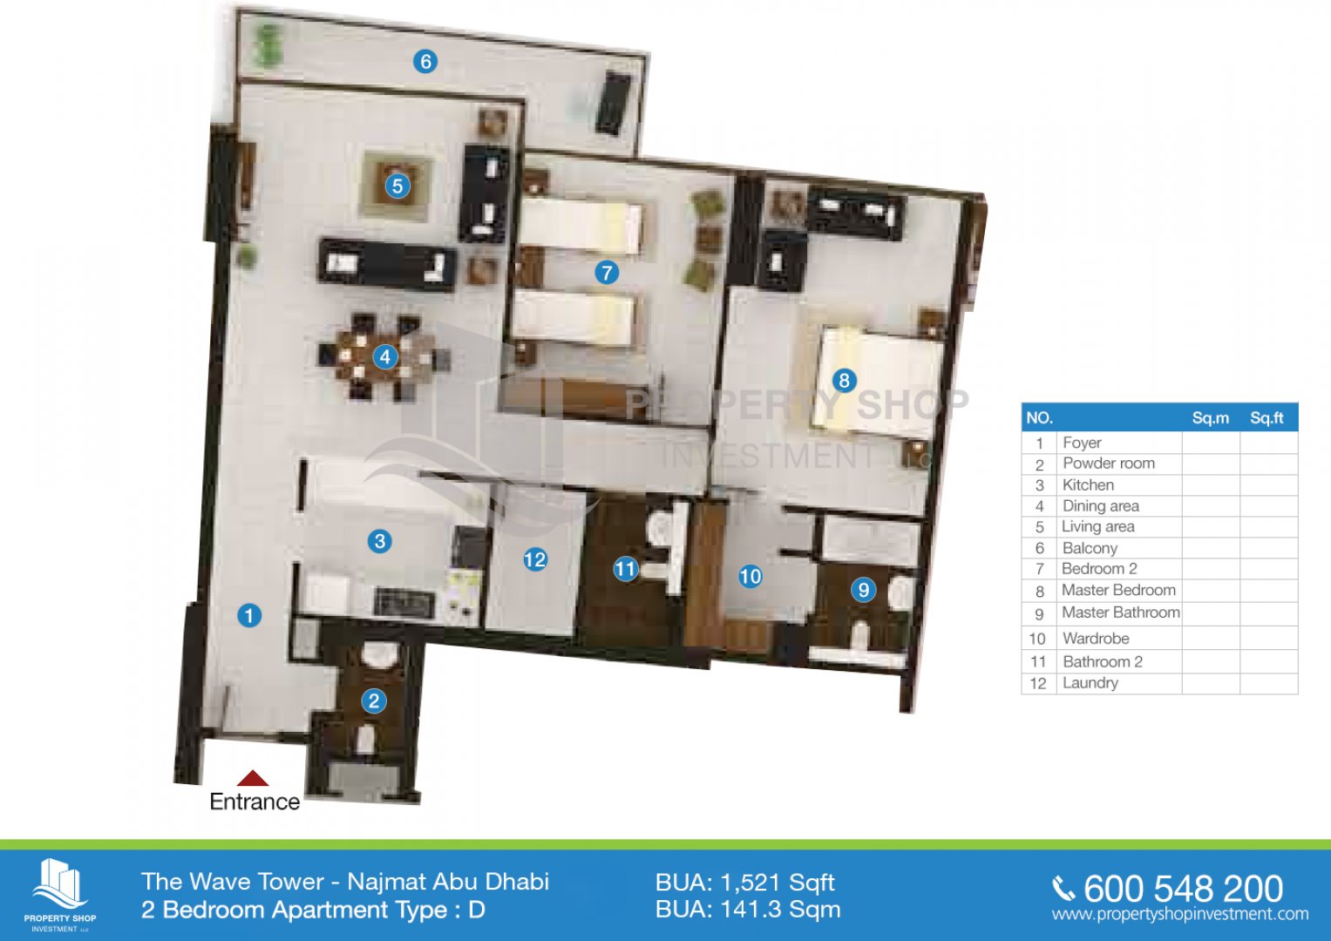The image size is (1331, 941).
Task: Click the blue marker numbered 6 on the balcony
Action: coord(425,61)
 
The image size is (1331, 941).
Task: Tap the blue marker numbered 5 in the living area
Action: coord(397,186)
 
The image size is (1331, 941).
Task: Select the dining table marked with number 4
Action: coord(384,357)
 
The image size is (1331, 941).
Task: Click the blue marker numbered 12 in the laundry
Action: coord(535,559)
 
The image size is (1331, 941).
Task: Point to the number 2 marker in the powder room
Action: coord(374,701)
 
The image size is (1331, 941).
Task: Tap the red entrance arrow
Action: coord(253,778)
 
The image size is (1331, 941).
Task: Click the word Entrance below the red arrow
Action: coord(255,802)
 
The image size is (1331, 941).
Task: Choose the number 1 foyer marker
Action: coord(249,615)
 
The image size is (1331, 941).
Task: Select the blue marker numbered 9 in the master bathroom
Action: coord(864,590)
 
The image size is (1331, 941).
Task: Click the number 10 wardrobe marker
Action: coord(750,576)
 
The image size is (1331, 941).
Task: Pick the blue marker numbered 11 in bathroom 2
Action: coord(626,569)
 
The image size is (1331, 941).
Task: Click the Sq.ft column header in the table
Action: coord(1266,417)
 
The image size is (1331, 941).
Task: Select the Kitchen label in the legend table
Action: coord(1088,484)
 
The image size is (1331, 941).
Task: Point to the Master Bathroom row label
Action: coord(1121,612)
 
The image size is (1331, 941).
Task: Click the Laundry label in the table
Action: coord(1090,683)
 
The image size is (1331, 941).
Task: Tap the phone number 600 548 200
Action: coord(1183,890)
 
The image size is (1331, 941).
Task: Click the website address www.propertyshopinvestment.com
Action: coord(1180,914)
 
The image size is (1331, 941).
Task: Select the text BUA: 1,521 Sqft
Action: coord(745,883)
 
